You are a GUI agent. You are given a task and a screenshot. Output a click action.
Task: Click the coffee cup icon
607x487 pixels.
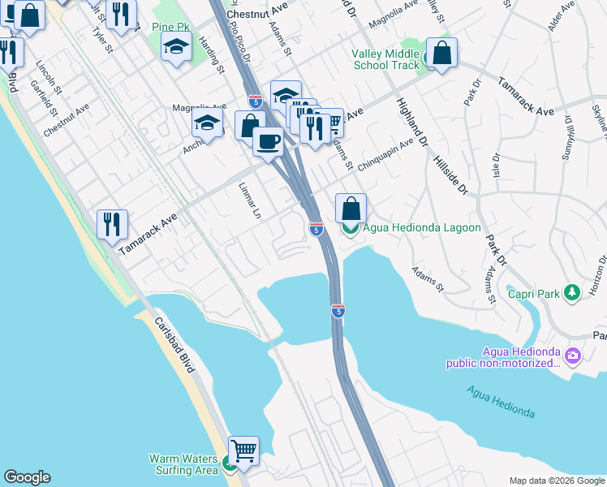pos(268,142)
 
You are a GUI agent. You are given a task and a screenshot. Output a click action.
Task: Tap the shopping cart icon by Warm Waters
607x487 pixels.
pos(243,449)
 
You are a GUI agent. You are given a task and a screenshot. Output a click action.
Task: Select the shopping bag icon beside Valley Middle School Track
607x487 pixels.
pos(441,54)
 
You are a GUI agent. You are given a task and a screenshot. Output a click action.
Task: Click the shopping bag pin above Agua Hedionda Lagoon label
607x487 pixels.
pos(351,209)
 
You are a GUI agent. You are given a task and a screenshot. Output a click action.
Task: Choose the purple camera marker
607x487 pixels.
pos(574,356)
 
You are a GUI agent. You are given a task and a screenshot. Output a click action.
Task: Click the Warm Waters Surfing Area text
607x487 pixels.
pos(183,464)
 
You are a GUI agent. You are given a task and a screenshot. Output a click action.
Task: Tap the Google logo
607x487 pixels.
pos(27,477)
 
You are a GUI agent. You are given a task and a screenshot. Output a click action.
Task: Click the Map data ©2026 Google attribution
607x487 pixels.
pos(556,481)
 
